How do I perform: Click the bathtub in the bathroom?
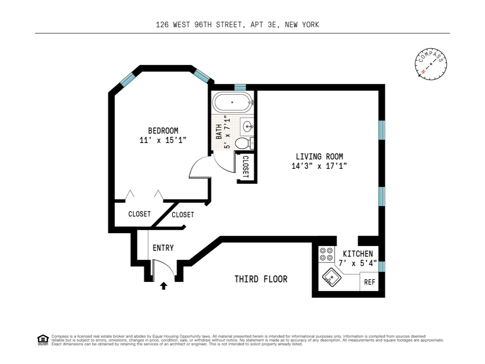point(232,102)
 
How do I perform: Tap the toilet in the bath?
point(243,143)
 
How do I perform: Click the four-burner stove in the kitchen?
point(325,254)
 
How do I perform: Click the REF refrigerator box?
point(369,282)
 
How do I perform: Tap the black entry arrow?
point(164,285)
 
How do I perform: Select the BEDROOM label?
point(163,131)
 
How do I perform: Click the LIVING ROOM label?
point(319,156)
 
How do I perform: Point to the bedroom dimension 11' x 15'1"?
point(163,140)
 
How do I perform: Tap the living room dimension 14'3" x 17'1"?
point(319,166)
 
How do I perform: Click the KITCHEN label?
point(358,254)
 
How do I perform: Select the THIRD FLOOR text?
point(261,279)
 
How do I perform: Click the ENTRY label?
point(163,248)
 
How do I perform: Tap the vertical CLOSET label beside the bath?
point(245,167)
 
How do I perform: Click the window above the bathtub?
point(240,87)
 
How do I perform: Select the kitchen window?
point(382,266)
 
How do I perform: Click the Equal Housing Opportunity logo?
point(43,339)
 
